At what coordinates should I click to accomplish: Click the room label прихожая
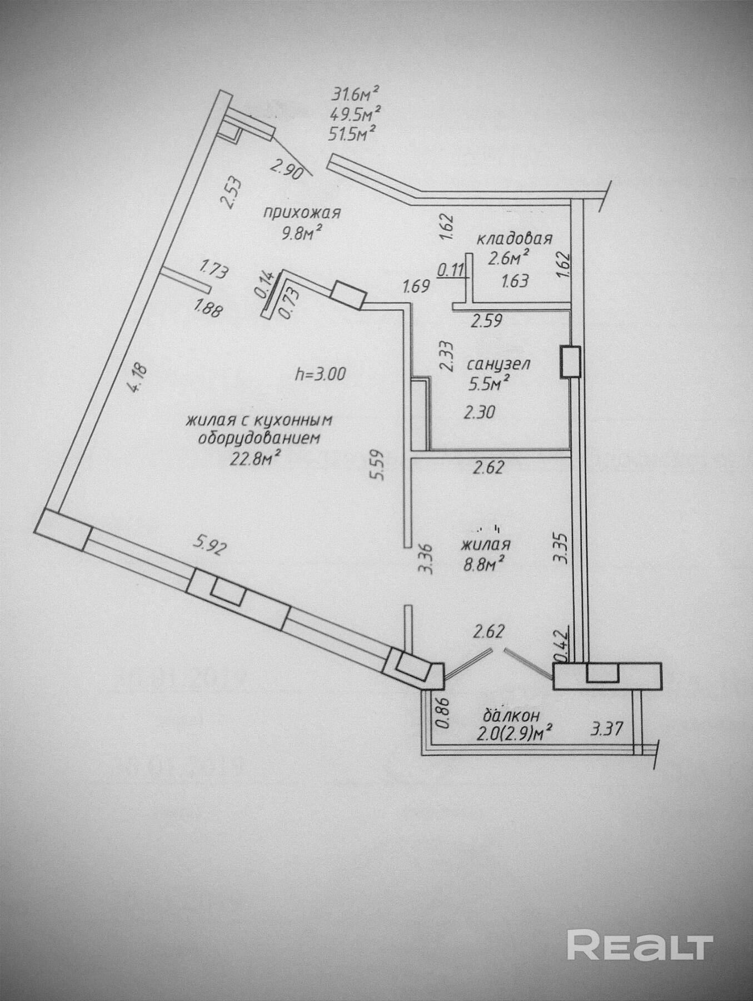[301, 214]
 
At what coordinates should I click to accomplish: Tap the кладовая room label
[514, 239]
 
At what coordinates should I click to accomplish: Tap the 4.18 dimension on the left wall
[137, 378]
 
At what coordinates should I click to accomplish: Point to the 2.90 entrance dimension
[286, 169]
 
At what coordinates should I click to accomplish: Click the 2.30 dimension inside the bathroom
[479, 412]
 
